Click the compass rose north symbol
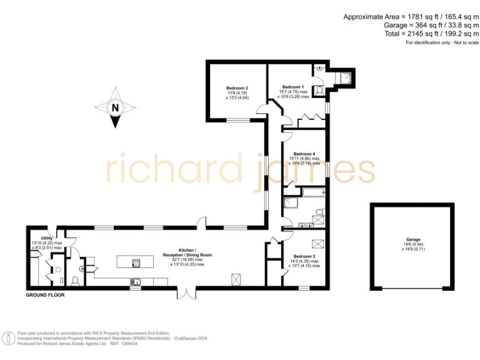(x=115, y=107)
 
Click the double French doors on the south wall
(x=186, y=292)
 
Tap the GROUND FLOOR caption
(x=45, y=294)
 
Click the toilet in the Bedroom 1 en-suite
(x=319, y=91)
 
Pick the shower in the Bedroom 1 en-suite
(x=344, y=77)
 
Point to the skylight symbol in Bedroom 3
(x=317, y=244)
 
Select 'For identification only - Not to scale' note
(x=442, y=43)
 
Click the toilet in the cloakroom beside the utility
(x=75, y=280)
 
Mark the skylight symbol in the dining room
(x=237, y=278)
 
